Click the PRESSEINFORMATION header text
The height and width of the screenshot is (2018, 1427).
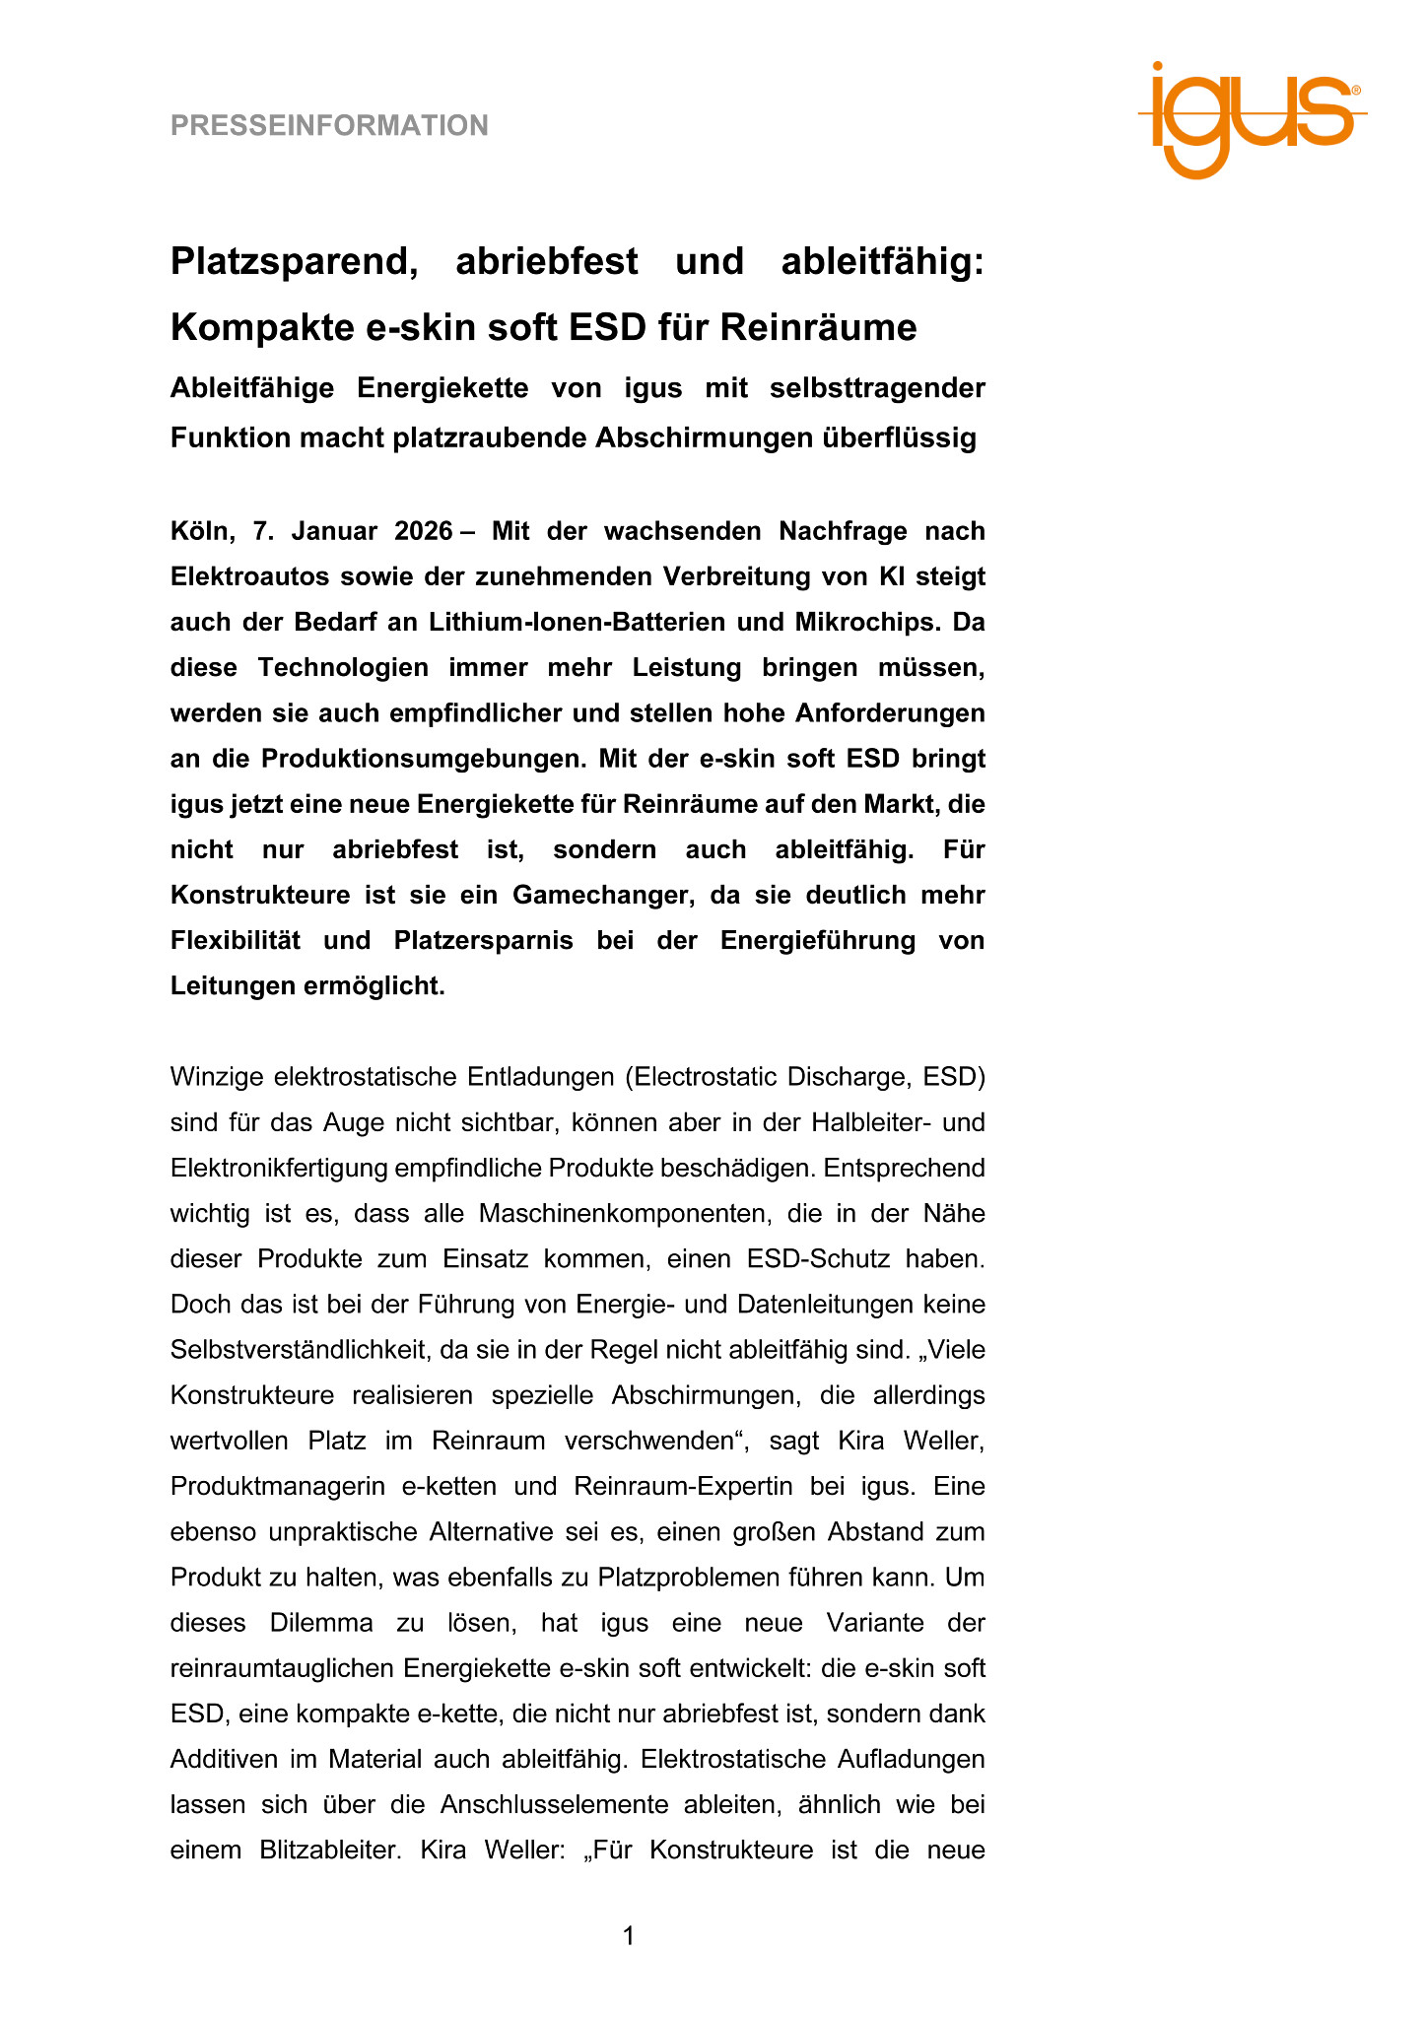pyautogui.click(x=329, y=126)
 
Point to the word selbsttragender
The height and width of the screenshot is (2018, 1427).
pyautogui.click(x=877, y=388)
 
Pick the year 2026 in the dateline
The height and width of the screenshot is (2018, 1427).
pyautogui.click(x=423, y=532)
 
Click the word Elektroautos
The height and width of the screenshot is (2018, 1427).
pyautogui.click(x=255, y=577)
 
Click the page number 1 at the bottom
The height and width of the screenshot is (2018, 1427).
pyautogui.click(x=629, y=1937)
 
